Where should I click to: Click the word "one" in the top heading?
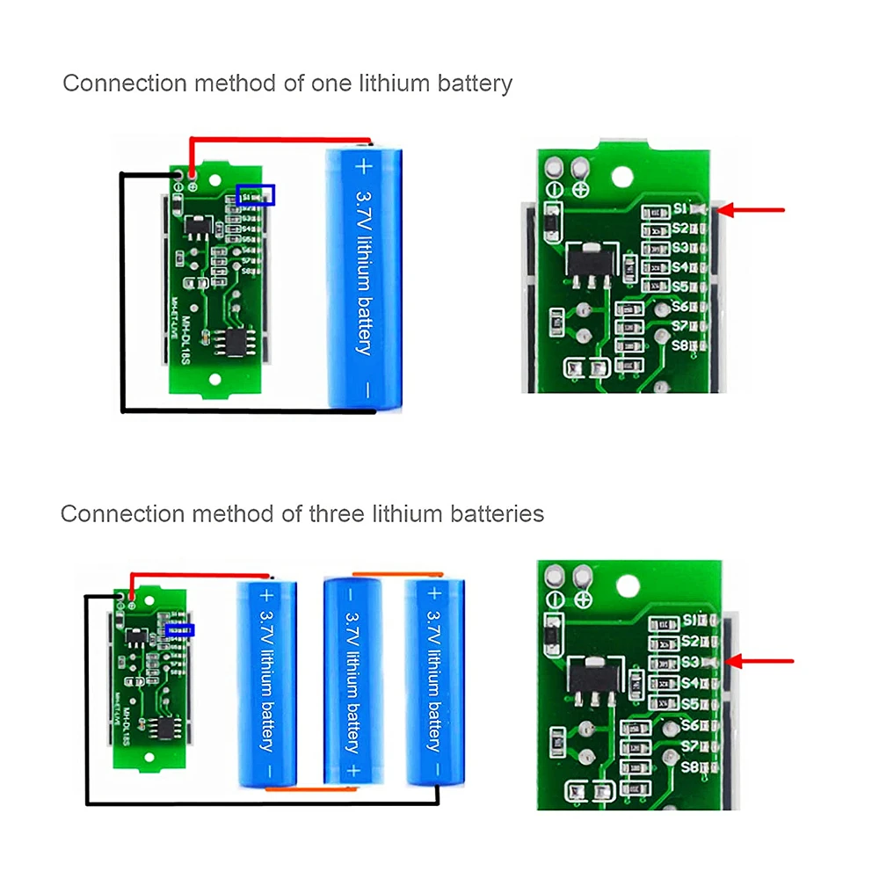332,84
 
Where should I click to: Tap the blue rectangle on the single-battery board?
256,194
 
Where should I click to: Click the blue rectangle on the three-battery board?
179,629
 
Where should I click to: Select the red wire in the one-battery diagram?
281,139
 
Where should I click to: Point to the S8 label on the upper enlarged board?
679,345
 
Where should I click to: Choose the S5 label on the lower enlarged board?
689,704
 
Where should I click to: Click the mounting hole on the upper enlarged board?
622,176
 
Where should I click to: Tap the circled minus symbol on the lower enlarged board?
556,597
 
